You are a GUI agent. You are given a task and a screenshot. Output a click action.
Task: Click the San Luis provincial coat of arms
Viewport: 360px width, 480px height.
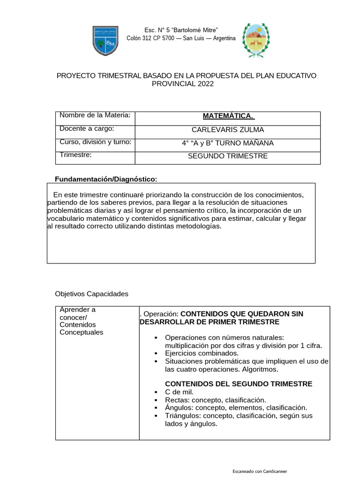pyautogui.click(x=255, y=40)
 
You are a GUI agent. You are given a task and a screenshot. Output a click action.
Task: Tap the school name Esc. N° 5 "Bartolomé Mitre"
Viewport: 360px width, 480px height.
pyautogui.click(x=181, y=30)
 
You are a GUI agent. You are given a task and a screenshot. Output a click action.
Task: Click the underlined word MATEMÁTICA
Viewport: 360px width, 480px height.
pyautogui.click(x=228, y=116)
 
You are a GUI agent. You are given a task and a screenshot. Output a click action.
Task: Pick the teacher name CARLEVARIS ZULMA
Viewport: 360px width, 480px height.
pyautogui.click(x=228, y=130)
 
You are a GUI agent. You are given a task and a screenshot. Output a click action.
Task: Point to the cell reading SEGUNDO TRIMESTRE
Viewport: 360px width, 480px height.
pyautogui.click(x=228, y=156)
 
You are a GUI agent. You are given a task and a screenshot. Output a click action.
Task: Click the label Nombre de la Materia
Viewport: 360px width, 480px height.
pyautogui.click(x=95, y=115)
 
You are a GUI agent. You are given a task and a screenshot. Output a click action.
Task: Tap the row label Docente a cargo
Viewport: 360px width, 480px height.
pyautogui.click(x=87, y=128)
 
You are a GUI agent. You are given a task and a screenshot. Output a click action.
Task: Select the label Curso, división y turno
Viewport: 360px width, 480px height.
pyautogui.click(x=95, y=142)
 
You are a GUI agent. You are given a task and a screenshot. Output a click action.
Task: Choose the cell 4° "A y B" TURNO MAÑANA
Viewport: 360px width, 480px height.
pyautogui.click(x=228, y=143)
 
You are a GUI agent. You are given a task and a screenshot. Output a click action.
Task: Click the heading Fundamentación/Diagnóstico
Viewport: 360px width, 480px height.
pyautogui.click(x=106, y=179)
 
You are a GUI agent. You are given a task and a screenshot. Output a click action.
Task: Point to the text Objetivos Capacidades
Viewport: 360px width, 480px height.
pyautogui.click(x=91, y=294)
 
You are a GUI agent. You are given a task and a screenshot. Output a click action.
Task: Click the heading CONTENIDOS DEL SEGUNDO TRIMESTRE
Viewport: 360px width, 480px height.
pyautogui.click(x=239, y=383)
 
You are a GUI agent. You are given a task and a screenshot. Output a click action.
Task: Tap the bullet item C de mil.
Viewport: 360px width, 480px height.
pyautogui.click(x=179, y=392)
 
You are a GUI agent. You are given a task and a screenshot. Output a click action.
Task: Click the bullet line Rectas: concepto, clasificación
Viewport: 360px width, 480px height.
pyautogui.click(x=215, y=400)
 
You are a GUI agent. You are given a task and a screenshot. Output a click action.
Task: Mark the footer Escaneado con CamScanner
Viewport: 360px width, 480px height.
pyautogui.click(x=260, y=471)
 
